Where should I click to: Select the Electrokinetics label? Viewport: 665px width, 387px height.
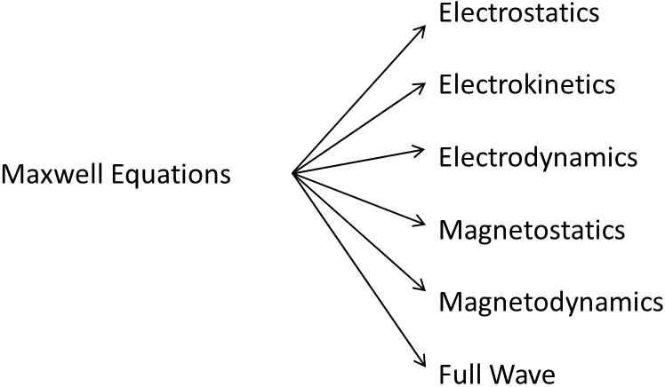tap(526, 85)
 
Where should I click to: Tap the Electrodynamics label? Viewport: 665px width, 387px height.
tap(537, 156)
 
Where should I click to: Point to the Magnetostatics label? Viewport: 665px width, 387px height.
tap(532, 230)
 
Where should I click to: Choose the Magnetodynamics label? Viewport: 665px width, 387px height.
tap(550, 301)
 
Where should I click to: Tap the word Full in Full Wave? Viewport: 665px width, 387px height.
tap(458, 372)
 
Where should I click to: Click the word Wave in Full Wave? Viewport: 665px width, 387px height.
tap(519, 372)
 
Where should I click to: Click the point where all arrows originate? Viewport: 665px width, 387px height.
tap(293, 173)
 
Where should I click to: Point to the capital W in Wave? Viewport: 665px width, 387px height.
tap(499, 372)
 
